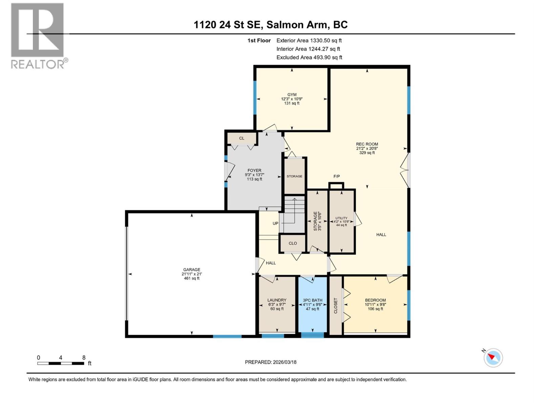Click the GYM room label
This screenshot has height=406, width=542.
[x=292, y=95]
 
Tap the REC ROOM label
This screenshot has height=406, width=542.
[x=367, y=144]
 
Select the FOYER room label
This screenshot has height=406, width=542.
[x=254, y=171]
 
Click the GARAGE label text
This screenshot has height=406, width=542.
[x=191, y=270]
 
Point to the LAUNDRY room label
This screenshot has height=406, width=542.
[x=277, y=300]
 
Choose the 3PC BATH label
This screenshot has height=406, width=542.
[x=312, y=300]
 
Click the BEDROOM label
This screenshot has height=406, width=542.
[x=375, y=300]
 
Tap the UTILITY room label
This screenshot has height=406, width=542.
[x=341, y=218]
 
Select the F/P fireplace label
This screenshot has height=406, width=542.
[x=336, y=177]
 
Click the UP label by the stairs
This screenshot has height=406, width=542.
[x=275, y=223]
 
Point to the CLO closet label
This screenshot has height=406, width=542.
[x=293, y=243]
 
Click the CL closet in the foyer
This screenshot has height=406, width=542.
[x=242, y=138]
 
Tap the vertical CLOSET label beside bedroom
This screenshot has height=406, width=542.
[x=336, y=306]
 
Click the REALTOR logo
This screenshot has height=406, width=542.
[x=38, y=36]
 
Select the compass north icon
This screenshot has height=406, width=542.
[x=493, y=358]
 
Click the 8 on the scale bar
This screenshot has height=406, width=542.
[x=84, y=358]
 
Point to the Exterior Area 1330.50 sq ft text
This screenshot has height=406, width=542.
[x=309, y=41]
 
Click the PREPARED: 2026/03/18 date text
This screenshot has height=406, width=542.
[x=271, y=362]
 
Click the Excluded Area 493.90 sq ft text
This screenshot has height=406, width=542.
[x=309, y=58]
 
